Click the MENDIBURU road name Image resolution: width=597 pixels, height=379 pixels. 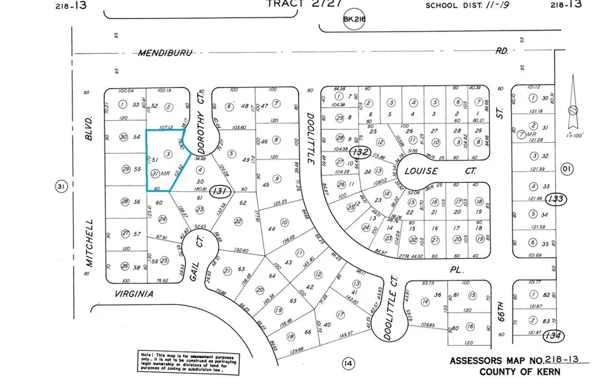(165, 52)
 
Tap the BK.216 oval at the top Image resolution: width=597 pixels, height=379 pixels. (353, 19)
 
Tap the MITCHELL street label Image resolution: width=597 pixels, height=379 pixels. (89, 243)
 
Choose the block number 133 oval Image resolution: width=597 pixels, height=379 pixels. (557, 199)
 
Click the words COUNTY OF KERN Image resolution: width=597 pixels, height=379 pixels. (519, 372)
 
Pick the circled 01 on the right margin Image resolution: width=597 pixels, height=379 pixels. (566, 169)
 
